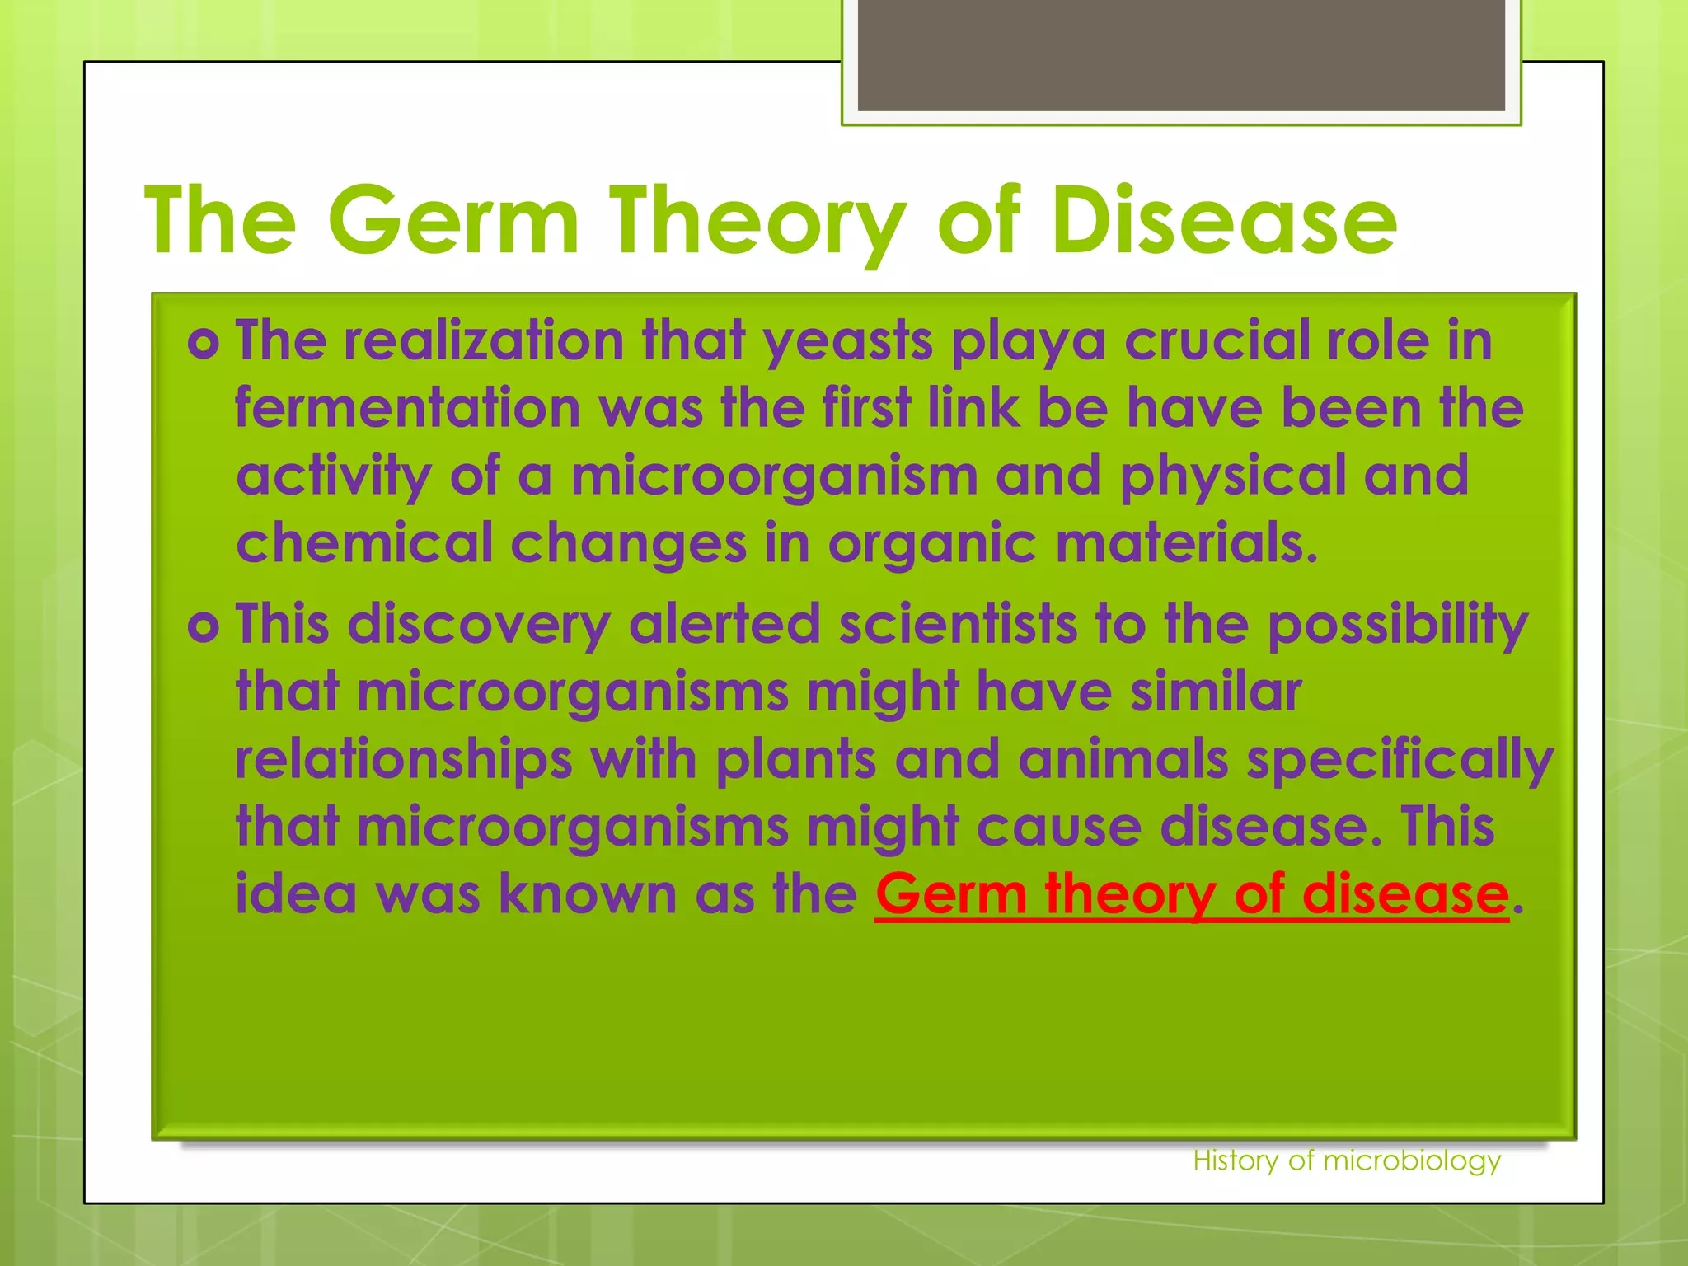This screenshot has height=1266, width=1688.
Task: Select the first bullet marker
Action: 203,343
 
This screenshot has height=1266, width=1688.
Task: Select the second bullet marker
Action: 203,626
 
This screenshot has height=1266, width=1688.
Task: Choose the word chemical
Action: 363,543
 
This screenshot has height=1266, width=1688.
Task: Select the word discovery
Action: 478,625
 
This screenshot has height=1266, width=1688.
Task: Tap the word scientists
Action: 958,623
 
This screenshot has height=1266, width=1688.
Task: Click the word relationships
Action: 403,760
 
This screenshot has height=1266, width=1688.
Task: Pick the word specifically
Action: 1400,760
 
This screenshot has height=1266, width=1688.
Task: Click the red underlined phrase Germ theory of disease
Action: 1192,894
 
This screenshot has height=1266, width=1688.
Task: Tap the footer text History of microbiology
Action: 1347,1160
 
